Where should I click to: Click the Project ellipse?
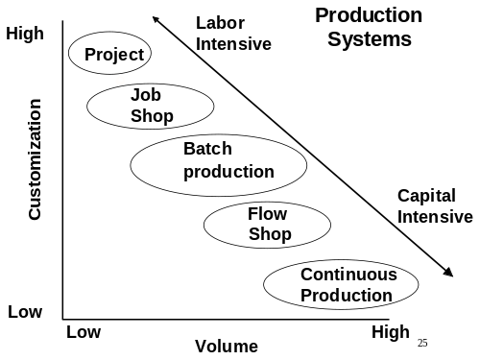pyautogui.click(x=110, y=54)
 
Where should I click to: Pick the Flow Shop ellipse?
pyautogui.click(x=267, y=225)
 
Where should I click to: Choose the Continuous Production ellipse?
pyautogui.click(x=343, y=285)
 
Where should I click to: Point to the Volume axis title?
pyautogui.click(x=227, y=346)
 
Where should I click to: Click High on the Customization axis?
pyautogui.click(x=25, y=35)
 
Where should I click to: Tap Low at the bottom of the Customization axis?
pyautogui.click(x=25, y=313)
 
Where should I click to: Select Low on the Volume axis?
pyautogui.click(x=84, y=332)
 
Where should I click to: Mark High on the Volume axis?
pyautogui.click(x=390, y=332)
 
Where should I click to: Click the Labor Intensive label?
pyautogui.click(x=233, y=33)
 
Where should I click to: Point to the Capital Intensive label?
pyautogui.click(x=435, y=205)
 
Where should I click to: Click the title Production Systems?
pyautogui.click(x=369, y=27)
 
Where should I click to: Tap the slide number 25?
pyautogui.click(x=422, y=343)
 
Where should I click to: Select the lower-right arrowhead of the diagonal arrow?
pyautogui.click(x=449, y=273)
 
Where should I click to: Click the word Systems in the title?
pyautogui.click(x=369, y=39)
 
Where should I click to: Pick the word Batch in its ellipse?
pyautogui.click(x=207, y=150)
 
